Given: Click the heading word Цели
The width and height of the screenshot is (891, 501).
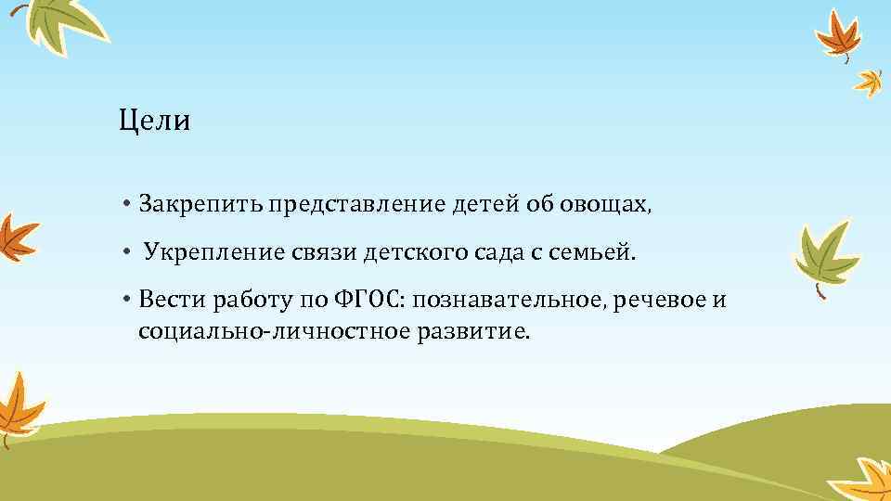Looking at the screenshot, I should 154,122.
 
